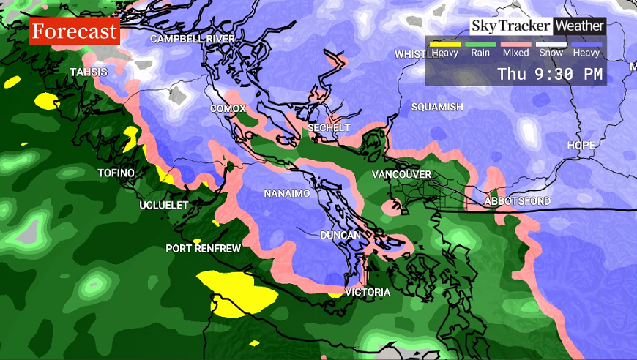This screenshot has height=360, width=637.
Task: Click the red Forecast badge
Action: click(x=75, y=32)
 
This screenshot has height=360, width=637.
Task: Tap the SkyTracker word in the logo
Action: click(x=511, y=26)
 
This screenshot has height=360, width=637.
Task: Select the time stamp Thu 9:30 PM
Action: click(x=550, y=74)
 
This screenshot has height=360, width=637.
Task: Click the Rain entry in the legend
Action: click(x=480, y=53)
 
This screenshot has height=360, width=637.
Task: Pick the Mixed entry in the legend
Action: click(x=515, y=53)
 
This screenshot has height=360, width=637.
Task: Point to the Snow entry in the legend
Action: click(x=551, y=53)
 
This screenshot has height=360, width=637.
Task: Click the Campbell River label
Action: click(x=193, y=39)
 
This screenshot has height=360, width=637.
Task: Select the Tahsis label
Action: click(x=89, y=72)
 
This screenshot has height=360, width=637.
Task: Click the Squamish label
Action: click(x=437, y=108)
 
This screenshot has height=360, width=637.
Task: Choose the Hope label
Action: click(x=581, y=146)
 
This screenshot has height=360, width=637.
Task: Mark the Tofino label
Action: click(x=116, y=173)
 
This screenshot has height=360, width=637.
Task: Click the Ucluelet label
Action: click(x=164, y=206)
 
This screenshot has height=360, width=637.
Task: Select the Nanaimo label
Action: click(x=288, y=194)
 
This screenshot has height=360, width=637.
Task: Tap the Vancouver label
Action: click(x=401, y=175)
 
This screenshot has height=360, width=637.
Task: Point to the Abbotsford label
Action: click(x=518, y=201)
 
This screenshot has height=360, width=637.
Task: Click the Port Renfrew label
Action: click(x=203, y=249)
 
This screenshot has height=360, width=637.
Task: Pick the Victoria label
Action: click(x=368, y=293)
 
